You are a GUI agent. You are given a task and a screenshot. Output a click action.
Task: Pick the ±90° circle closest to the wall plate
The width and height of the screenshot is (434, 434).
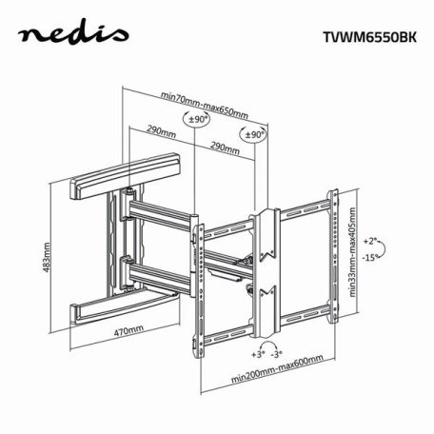coord(197,120)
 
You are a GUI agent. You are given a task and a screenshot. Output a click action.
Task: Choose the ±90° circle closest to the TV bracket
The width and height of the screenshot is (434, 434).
coord(254,135)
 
